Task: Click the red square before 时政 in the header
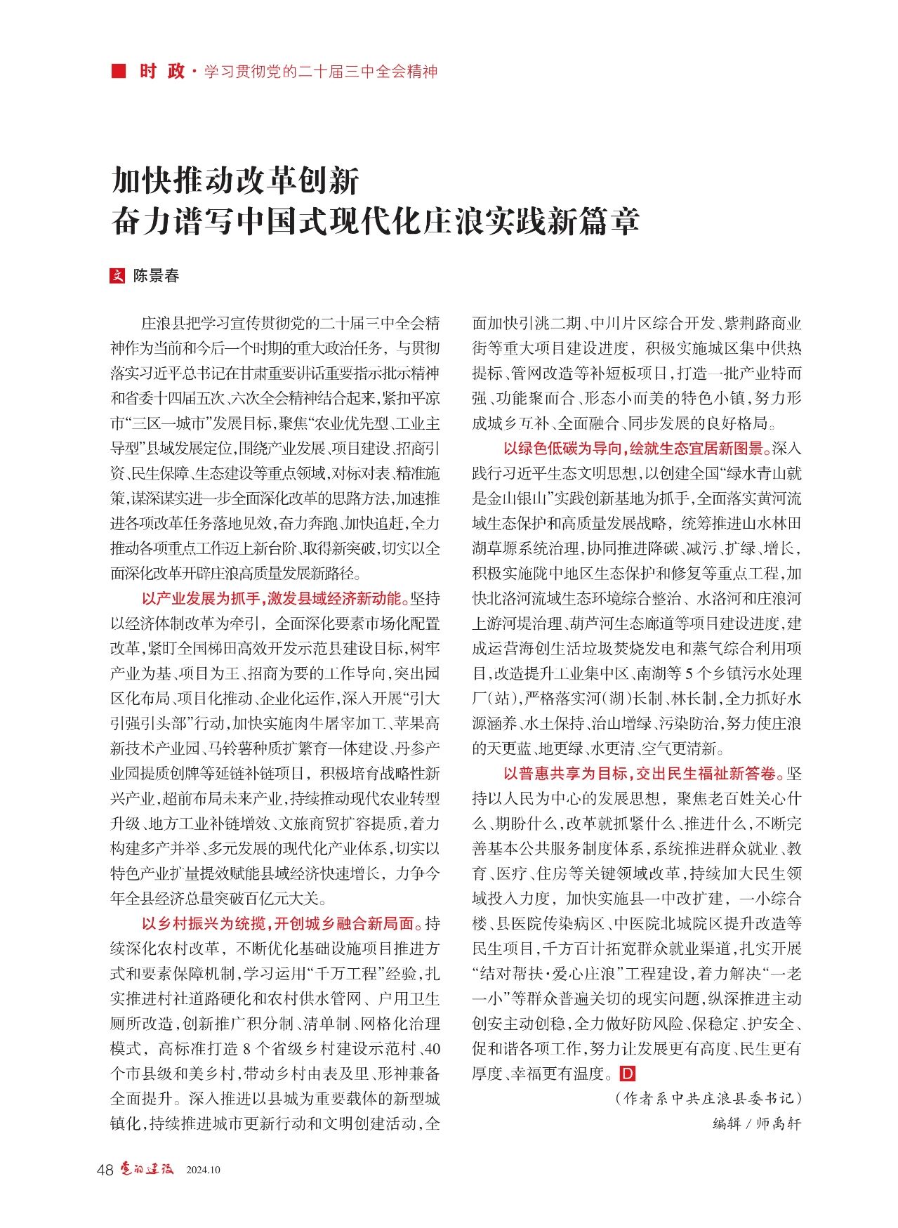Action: tap(119, 71)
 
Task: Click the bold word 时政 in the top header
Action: tap(161, 71)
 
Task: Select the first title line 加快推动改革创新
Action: tap(236, 180)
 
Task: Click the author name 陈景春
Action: tap(157, 276)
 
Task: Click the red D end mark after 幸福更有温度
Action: tap(628, 1074)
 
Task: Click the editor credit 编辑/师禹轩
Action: tap(756, 1123)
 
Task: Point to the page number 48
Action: tap(105, 1169)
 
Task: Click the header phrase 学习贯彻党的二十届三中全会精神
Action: tap(321, 72)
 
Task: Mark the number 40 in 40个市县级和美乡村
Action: tap(433, 1049)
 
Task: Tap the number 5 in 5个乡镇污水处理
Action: tap(689, 674)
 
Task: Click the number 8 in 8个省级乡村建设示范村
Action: tap(246, 1049)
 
